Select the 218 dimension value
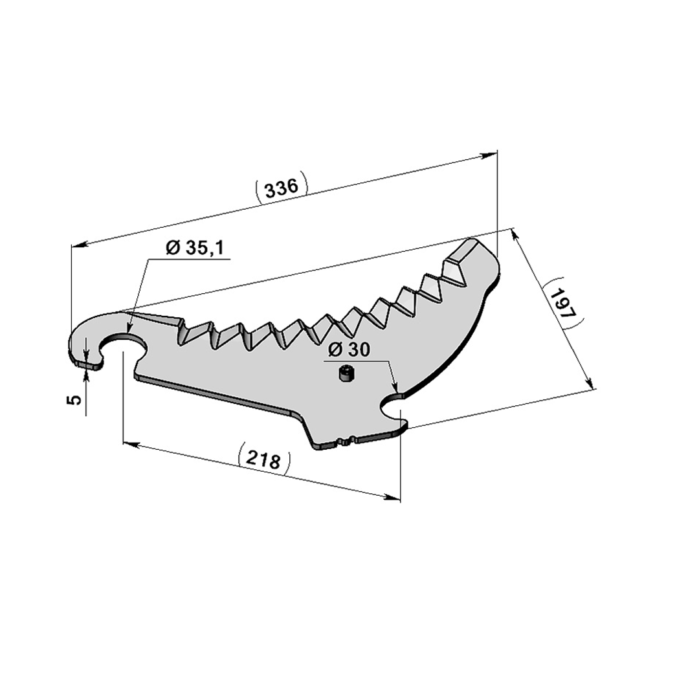click(x=264, y=459)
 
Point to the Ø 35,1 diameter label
click(x=195, y=248)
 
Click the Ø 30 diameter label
click(x=349, y=350)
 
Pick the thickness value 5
click(x=75, y=399)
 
